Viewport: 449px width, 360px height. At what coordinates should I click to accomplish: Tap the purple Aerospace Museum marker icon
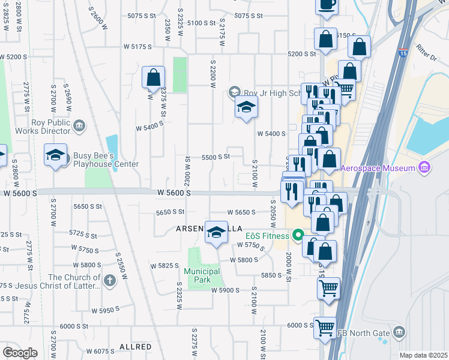pyautogui.click(x=425, y=166)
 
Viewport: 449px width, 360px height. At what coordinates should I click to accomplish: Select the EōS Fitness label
pyautogui.click(x=267, y=236)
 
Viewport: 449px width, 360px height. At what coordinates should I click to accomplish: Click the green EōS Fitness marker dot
pyautogui.click(x=296, y=236)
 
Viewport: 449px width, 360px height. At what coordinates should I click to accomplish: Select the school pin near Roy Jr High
pyautogui.click(x=246, y=109)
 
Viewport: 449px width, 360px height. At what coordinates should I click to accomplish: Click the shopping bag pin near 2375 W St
pyautogui.click(x=153, y=77)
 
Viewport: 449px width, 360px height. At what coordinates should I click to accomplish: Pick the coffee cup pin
pyautogui.click(x=327, y=5)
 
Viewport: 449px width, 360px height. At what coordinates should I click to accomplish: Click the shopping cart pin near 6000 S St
pyautogui.click(x=325, y=328)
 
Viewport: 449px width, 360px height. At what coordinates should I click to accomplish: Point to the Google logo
pyautogui.click(x=20, y=353)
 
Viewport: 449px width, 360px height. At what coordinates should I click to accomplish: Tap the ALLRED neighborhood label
pyautogui.click(x=134, y=347)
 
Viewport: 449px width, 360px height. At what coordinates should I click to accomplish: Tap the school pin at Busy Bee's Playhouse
pyautogui.click(x=55, y=156)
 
